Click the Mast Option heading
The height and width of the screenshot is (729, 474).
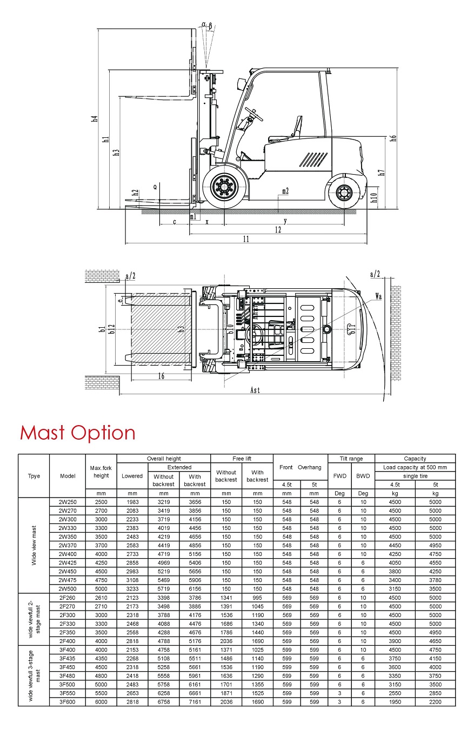pyautogui.click(x=77, y=433)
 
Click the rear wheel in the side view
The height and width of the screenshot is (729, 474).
pyautogui.click(x=344, y=191)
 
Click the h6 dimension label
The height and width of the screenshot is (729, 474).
pyautogui.click(x=393, y=137)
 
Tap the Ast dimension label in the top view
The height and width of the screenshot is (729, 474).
pyautogui.click(x=255, y=390)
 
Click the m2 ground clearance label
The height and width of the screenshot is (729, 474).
pyautogui.click(x=285, y=190)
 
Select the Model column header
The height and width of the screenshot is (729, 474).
pyautogui.click(x=68, y=476)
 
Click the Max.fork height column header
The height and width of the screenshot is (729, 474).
pyautogui.click(x=101, y=472)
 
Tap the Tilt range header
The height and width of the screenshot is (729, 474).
pyautogui.click(x=351, y=459)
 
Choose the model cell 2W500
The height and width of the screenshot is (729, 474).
pyautogui.click(x=68, y=589)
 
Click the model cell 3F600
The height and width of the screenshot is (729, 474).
pyautogui.click(x=68, y=702)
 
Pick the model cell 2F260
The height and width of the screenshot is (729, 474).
pyautogui.click(x=68, y=598)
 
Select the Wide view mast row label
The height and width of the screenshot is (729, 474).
pyautogui.click(x=34, y=545)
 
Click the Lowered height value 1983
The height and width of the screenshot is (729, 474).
pyautogui.click(x=132, y=502)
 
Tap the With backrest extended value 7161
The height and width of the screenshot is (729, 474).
pyautogui.click(x=195, y=702)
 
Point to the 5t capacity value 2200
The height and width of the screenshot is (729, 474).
pyautogui.click(x=435, y=702)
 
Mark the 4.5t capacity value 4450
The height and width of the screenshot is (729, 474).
pyautogui.click(x=395, y=545)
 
